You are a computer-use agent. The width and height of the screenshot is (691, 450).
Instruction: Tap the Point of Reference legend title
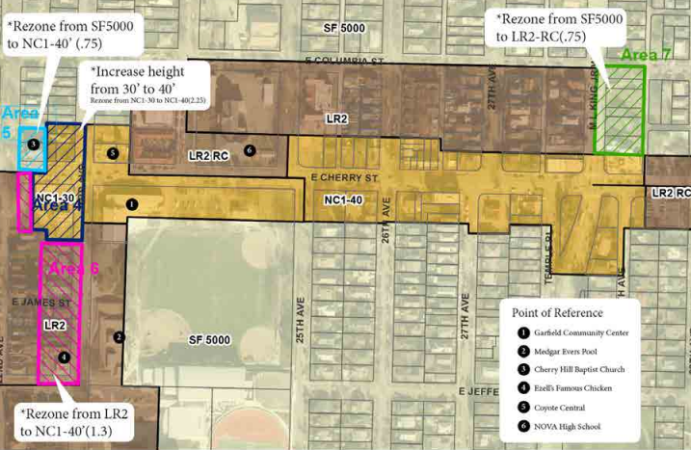558,312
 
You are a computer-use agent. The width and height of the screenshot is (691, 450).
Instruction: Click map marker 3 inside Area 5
34,144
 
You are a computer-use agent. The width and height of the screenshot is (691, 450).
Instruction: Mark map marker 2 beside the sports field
119,336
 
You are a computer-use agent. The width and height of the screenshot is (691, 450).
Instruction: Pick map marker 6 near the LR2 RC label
250,149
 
